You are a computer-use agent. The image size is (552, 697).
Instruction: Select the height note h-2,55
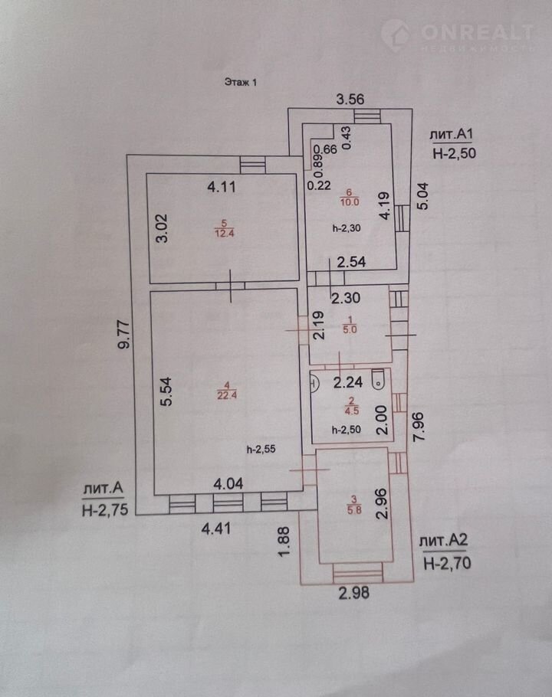tap(261, 450)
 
